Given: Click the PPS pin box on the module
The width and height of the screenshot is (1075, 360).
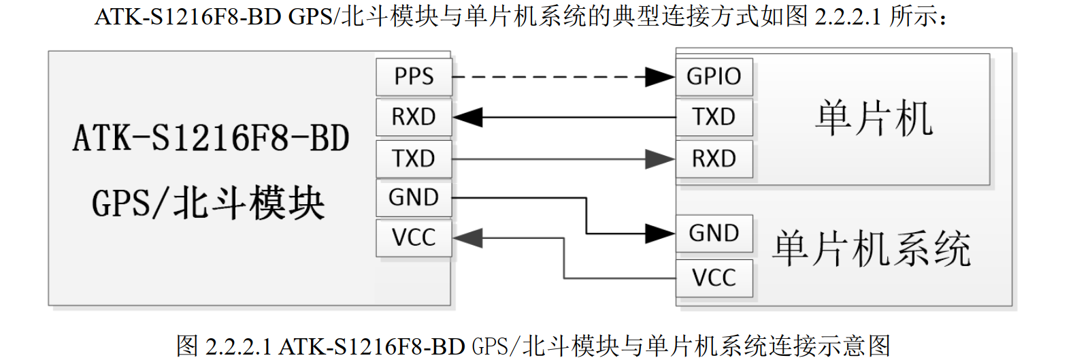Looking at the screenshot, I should click(x=414, y=77).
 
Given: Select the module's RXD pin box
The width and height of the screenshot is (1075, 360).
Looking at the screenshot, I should click(x=414, y=117).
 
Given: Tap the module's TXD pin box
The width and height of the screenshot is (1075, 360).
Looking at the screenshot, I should click(x=414, y=159).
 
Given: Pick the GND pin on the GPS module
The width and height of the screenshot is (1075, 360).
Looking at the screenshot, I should click(x=414, y=198).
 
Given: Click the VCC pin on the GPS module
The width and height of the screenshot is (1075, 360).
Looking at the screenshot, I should click(x=414, y=238).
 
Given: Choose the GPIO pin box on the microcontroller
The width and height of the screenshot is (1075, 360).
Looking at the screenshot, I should click(x=714, y=77).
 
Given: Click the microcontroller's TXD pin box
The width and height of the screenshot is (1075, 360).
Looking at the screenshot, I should click(x=714, y=117).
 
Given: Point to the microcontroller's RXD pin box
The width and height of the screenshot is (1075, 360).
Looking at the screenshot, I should click(x=714, y=159).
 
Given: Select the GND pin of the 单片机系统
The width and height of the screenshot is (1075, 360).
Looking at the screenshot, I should click(x=714, y=233).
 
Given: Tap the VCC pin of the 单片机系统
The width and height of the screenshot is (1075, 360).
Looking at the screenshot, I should click(x=714, y=278).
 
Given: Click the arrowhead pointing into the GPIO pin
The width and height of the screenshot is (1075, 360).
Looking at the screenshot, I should click(x=660, y=77).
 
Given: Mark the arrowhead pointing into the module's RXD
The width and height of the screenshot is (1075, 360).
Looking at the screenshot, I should click(x=468, y=118).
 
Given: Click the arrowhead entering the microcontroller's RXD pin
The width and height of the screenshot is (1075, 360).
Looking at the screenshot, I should click(x=660, y=159).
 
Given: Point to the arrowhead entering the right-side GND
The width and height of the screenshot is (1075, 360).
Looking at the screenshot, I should click(x=660, y=234).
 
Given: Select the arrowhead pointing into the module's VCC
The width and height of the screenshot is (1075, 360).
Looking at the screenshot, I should click(x=468, y=238).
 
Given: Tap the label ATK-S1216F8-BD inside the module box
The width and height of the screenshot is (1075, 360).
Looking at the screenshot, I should click(x=211, y=138).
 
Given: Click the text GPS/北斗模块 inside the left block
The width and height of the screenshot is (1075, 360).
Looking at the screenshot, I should click(x=208, y=203).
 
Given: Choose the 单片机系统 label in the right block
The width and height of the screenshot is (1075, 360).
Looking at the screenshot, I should click(x=872, y=248).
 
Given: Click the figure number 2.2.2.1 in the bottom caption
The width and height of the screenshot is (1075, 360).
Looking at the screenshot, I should click(x=237, y=346).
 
